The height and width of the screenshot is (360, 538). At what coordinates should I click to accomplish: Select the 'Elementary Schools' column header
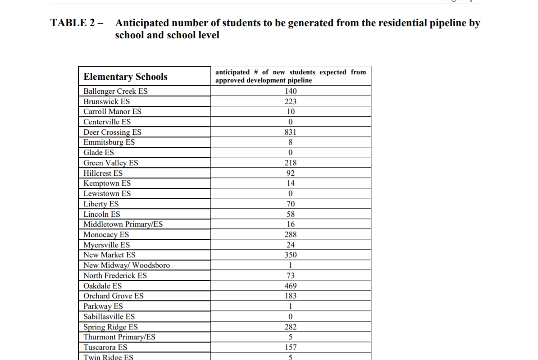click(125, 77)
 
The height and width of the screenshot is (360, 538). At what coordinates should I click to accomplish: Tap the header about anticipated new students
click(291, 76)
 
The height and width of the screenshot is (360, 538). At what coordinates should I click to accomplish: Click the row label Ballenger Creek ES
click(115, 91)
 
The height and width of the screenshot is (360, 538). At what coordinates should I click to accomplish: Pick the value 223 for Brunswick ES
click(291, 101)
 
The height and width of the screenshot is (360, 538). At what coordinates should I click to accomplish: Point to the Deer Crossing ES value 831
click(291, 132)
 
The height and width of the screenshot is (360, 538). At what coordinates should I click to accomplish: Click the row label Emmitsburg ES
click(109, 142)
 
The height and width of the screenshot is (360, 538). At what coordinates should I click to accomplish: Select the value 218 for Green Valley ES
click(291, 163)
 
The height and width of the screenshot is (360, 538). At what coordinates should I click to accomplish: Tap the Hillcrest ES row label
click(103, 173)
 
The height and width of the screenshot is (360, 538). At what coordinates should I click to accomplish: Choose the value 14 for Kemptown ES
click(291, 183)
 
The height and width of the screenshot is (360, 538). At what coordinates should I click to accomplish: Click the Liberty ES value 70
click(291, 204)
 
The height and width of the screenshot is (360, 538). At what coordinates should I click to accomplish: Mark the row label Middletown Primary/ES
click(123, 224)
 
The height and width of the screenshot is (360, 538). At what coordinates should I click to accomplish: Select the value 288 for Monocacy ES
click(291, 235)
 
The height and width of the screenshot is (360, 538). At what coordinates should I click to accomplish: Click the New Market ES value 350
click(291, 255)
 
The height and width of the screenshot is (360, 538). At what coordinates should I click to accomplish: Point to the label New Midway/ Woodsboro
click(127, 265)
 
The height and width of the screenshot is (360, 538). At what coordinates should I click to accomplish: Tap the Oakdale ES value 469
click(291, 286)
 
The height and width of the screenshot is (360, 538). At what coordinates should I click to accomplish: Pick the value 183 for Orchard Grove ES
click(291, 296)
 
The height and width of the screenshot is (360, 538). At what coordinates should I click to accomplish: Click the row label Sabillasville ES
click(109, 317)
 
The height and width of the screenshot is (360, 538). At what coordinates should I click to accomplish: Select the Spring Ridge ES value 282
click(291, 327)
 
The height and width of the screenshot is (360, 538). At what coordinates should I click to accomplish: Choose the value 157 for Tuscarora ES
click(291, 347)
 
